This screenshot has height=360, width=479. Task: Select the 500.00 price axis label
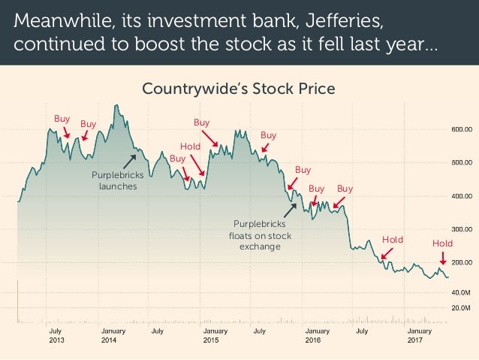pyautogui.click(x=461, y=162)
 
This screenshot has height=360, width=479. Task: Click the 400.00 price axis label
pyautogui.click(x=461, y=196)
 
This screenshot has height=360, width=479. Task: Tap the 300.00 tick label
pyautogui.click(x=461, y=228)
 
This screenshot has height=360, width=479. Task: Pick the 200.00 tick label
pyautogui.click(x=461, y=262)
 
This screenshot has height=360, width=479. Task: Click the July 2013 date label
pyautogui.click(x=56, y=335)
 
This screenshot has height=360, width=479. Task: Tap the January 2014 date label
pyautogui.click(x=113, y=335)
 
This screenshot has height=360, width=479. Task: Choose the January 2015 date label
pyautogui.click(x=215, y=335)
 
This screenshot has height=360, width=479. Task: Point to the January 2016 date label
pyautogui.click(x=317, y=335)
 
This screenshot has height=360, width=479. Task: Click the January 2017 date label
pyautogui.click(x=419, y=335)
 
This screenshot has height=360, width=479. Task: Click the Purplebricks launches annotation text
pyautogui.click(x=114, y=180)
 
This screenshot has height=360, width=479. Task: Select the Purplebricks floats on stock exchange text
pyautogui.click(x=260, y=235)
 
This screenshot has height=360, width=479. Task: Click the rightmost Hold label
pyautogui.click(x=442, y=244)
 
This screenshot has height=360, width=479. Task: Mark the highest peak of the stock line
pyautogui.click(x=117, y=105)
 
